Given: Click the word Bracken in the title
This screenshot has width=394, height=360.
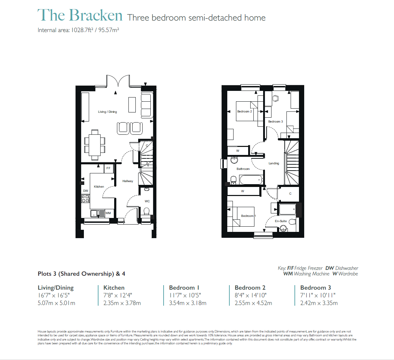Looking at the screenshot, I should click(x=96, y=15).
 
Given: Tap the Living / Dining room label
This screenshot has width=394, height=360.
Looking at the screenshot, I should click(x=107, y=112).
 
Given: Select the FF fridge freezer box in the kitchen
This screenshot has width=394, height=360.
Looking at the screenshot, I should click(x=108, y=168).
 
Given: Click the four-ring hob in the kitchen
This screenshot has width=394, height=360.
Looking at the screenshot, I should click(x=85, y=199).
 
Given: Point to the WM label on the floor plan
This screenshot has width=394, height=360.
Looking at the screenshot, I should click(x=108, y=213).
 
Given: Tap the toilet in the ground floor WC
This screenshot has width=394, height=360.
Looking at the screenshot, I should click(x=147, y=211).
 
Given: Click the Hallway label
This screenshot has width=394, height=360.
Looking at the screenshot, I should click(x=127, y=181).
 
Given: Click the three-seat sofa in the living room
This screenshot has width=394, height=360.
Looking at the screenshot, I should click(x=146, y=105).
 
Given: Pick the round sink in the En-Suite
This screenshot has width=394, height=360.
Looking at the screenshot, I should click(x=284, y=228).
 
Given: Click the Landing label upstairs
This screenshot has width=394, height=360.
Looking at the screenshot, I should click(x=274, y=163).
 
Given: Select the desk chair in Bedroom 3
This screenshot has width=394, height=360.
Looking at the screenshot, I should click(x=276, y=99).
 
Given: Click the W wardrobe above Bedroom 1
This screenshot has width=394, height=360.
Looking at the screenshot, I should click(x=243, y=191).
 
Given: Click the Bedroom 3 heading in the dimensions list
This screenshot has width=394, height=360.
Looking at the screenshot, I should click(x=315, y=288).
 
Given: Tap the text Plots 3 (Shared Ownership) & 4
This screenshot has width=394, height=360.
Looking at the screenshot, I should click(x=81, y=274).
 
